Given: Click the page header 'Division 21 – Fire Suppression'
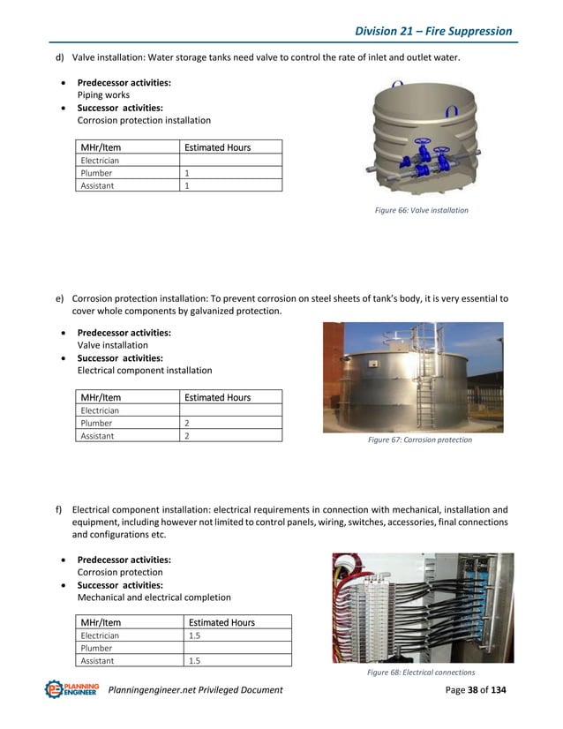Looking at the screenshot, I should (432, 31).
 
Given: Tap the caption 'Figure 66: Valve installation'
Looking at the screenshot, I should (422, 211).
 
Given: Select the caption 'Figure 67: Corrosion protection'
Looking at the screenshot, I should (419, 440).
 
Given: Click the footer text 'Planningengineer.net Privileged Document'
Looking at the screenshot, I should (195, 689).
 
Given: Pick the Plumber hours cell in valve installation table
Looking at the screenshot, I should (230, 173).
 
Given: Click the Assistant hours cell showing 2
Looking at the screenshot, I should (230, 435).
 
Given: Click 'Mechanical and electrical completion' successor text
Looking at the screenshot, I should (154, 597).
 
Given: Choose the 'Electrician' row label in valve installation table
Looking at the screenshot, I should (100, 161).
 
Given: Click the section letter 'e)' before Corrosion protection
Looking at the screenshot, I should (60, 298).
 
